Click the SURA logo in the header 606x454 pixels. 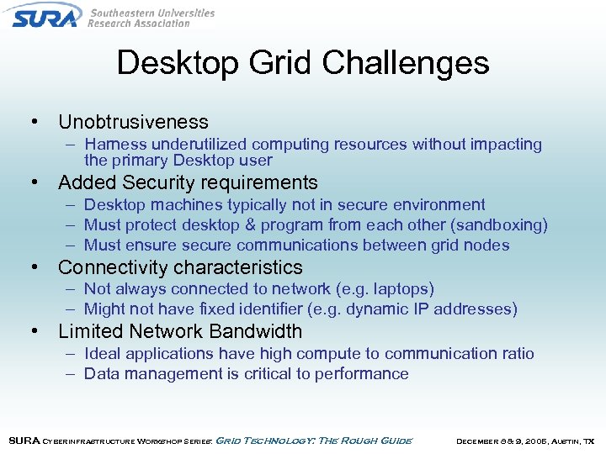tap(46, 15)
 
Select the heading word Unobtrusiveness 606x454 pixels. tap(133, 122)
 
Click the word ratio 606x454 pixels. tap(516, 354)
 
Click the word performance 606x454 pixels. tap(362, 374)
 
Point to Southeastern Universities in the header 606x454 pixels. tap(151, 13)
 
